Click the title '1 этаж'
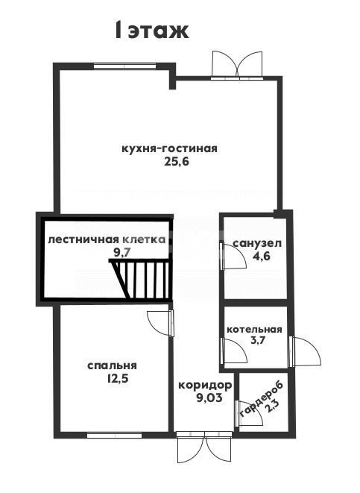151,31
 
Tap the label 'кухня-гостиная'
169,148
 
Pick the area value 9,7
121,253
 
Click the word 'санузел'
256,244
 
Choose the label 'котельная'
254,329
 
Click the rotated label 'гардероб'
257,396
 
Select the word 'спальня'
112,365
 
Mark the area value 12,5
112,379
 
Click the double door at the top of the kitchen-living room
237,65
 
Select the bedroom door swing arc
159,321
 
